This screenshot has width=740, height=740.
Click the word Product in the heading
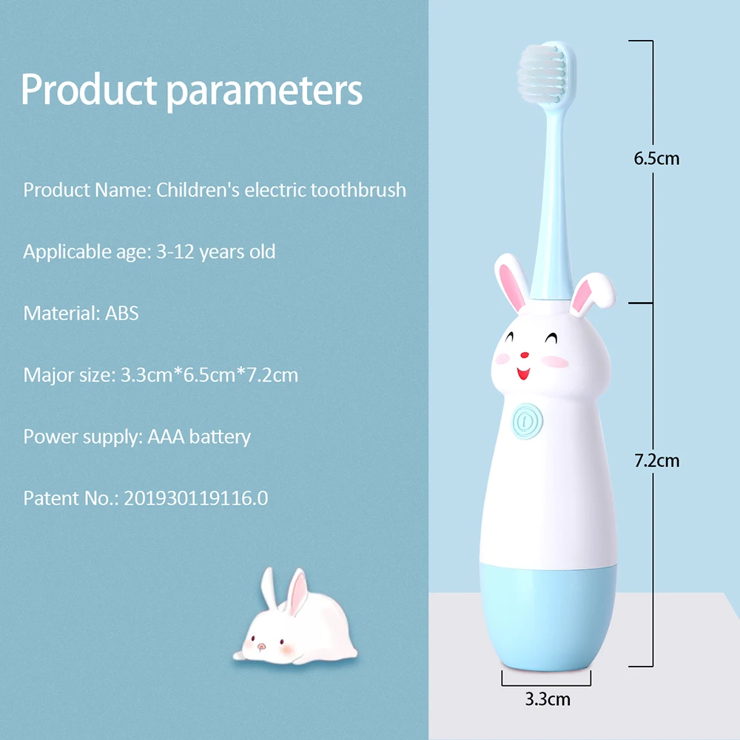89,89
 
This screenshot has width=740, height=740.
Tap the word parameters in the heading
265,91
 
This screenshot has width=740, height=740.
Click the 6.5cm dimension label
656,158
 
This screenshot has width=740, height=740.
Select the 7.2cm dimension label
656,460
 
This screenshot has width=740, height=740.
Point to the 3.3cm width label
548,699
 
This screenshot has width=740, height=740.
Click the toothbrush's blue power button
527,421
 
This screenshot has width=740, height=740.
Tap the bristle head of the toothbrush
542,73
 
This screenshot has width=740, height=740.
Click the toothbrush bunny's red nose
525,355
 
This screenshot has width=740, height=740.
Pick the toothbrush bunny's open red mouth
523,374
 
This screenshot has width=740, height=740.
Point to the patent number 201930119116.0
196,498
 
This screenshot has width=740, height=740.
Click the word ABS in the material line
122,313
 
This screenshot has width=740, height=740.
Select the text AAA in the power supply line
166,437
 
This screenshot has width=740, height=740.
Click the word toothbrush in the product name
358,189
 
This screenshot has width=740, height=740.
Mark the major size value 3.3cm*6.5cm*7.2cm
209,375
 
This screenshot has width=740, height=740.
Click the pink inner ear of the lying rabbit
298,592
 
